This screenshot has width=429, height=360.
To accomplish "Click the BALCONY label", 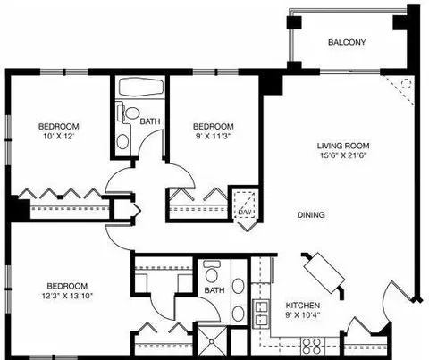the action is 347,42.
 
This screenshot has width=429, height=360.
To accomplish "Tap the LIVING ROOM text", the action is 343,146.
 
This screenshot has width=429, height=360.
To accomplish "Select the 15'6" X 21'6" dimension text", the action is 343,155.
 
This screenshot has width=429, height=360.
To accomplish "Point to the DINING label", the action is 311,214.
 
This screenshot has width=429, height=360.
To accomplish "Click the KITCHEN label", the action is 303,306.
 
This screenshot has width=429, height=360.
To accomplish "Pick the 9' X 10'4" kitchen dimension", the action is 303,314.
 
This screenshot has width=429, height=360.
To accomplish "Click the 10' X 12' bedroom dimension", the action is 59,136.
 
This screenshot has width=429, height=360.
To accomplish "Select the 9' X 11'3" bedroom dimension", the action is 214,136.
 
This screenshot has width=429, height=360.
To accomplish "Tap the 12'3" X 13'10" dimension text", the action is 67,296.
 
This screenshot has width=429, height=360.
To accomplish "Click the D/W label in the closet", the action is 245,212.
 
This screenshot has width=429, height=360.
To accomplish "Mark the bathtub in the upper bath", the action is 141,88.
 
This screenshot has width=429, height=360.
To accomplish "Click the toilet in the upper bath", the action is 129,113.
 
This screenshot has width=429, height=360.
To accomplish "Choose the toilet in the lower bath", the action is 212,272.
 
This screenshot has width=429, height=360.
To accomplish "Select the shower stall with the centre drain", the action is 212,341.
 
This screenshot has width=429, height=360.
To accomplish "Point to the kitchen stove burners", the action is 311,347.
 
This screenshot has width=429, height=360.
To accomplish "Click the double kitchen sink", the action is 261,314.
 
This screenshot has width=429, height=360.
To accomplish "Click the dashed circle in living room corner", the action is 405,84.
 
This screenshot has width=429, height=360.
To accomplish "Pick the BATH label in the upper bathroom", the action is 150,121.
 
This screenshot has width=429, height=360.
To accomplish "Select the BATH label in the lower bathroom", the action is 214,290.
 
